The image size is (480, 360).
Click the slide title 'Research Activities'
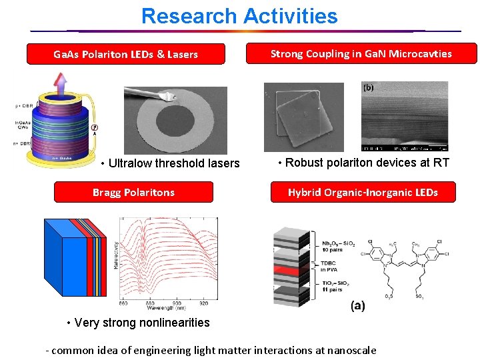(239, 16)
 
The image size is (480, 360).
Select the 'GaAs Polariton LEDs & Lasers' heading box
(125, 54)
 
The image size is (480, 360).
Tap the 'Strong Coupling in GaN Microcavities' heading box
(361, 53)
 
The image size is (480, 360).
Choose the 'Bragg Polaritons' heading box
(133, 192)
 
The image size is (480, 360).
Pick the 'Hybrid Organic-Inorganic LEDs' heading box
(363, 192)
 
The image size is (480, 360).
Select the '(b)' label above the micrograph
(368, 87)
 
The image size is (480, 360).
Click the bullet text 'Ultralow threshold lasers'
(169, 163)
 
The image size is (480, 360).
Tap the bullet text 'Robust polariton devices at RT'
(363, 162)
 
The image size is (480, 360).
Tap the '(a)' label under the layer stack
(357, 306)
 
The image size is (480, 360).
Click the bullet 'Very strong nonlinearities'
(138, 323)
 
